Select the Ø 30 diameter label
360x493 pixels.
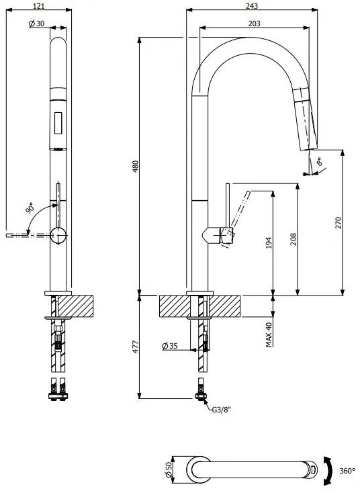point(36,24)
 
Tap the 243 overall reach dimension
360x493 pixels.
point(252,5)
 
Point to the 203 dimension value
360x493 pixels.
point(254,24)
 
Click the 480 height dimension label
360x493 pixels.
point(135,167)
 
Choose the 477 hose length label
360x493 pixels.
point(135,347)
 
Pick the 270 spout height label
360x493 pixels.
point(339,222)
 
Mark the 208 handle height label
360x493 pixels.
point(294,239)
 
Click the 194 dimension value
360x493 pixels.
point(269,242)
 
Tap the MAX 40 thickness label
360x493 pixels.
point(269,334)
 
